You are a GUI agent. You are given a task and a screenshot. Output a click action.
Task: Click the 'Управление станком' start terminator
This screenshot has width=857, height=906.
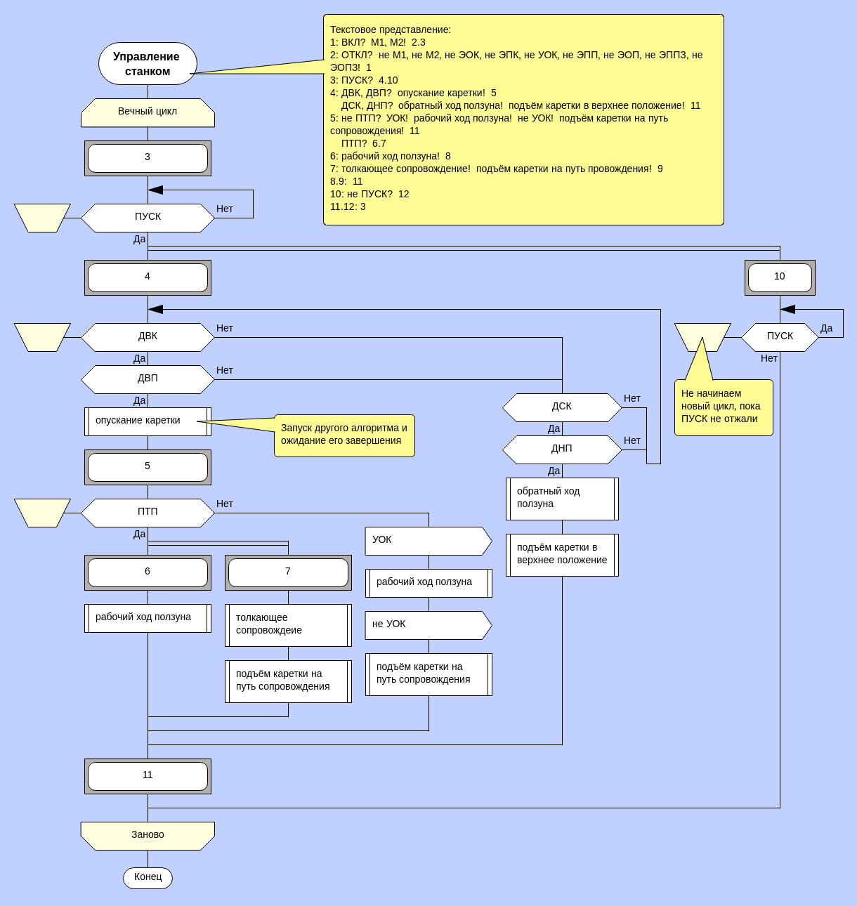click(148, 64)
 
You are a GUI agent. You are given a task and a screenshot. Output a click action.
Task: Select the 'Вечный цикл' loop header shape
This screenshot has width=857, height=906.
click(148, 112)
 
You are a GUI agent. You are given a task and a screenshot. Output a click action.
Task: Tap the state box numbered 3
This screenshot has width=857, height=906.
click(148, 158)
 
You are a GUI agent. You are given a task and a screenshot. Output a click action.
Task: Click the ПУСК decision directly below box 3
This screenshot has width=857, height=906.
click(148, 218)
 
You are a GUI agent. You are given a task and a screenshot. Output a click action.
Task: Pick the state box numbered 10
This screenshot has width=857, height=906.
click(780, 277)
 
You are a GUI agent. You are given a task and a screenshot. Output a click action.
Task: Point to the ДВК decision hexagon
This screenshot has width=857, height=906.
click(148, 337)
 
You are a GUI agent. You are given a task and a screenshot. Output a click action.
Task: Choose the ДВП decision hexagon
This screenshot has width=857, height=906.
click(148, 379)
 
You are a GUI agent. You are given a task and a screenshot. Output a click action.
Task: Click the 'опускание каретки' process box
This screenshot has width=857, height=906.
click(148, 421)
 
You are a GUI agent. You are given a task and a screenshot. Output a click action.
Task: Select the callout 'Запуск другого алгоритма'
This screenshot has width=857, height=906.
click(344, 435)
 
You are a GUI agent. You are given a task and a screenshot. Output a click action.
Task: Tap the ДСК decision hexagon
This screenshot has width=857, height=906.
click(562, 407)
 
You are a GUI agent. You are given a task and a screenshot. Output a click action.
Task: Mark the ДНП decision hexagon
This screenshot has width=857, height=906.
click(562, 449)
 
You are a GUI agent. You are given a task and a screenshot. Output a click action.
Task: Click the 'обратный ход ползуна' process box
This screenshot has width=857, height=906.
click(562, 499)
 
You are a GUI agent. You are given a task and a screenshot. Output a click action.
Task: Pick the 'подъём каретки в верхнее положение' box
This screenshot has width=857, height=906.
click(562, 555)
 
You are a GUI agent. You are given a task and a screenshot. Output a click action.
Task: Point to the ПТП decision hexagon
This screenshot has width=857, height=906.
click(148, 513)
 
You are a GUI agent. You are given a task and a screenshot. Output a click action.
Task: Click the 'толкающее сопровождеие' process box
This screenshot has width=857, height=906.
click(288, 625)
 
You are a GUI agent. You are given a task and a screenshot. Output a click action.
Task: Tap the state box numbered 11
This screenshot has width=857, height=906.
click(148, 776)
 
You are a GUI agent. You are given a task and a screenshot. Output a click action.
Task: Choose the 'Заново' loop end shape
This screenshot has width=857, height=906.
click(148, 836)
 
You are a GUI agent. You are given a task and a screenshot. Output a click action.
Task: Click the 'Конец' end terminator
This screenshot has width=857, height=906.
click(148, 878)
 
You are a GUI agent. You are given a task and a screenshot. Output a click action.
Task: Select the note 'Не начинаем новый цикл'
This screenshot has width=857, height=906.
click(724, 407)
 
